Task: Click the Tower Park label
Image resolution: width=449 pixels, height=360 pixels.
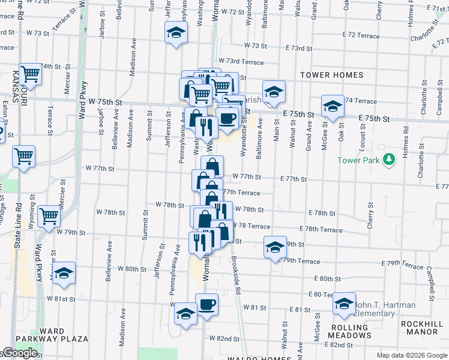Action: coord(360,160)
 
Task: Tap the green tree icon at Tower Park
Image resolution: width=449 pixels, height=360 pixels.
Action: coord(390,159)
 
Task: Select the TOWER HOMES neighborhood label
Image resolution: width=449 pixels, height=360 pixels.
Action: coord(332,75)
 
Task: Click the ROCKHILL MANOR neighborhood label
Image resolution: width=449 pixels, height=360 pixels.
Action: coord(422,327)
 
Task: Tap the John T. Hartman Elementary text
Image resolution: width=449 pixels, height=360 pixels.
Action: coord(385,309)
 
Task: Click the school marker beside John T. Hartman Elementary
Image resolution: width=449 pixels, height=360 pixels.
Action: coord(344,304)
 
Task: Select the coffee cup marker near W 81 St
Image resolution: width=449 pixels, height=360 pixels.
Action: coord(206,304)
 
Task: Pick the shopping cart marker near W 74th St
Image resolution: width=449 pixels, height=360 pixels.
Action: coord(29,74)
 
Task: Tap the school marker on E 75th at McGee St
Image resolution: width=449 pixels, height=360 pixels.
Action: coord(332,106)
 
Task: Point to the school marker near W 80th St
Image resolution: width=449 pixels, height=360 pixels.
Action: coord(64,273)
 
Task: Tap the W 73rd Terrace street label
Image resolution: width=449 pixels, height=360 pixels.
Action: coord(241,61)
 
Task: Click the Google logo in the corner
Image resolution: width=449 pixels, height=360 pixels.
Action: coord(19,353)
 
